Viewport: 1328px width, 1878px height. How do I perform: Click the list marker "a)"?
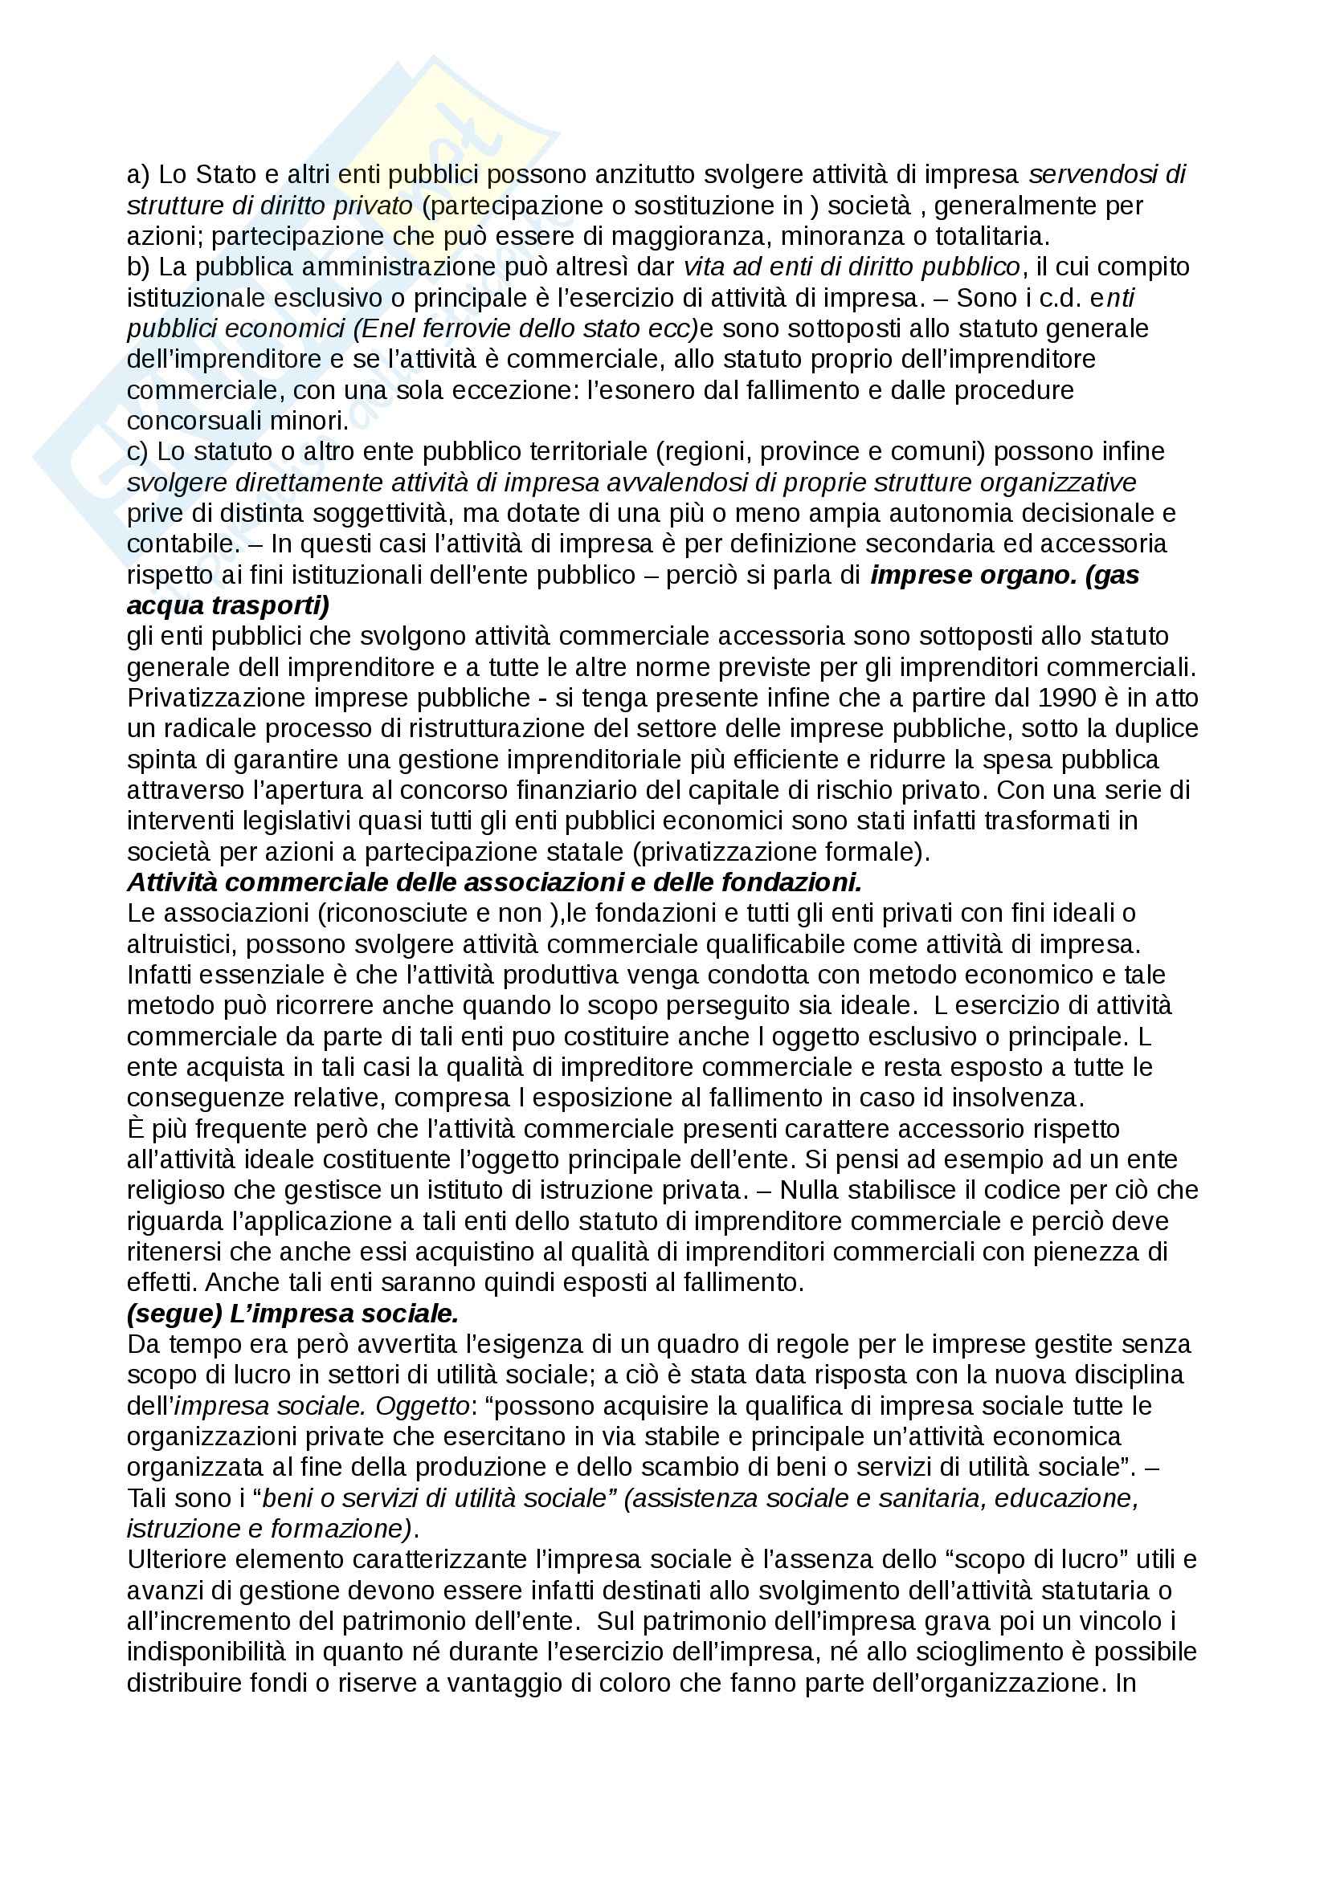click(x=137, y=174)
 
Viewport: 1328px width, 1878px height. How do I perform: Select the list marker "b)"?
click(x=137, y=267)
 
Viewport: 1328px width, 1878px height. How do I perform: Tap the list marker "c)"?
click(x=137, y=451)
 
